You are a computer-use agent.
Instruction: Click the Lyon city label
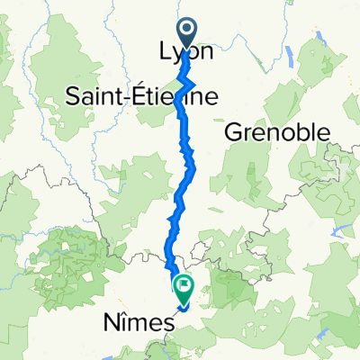[x=186, y=52]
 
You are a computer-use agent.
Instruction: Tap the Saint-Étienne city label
[x=141, y=97]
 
